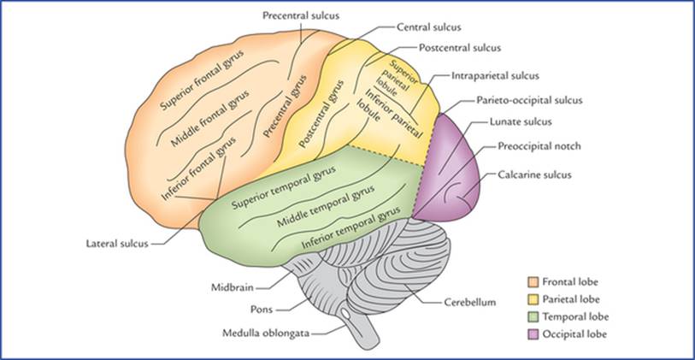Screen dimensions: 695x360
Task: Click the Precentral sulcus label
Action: tap(301, 16)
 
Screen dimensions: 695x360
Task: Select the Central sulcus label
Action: tap(428, 27)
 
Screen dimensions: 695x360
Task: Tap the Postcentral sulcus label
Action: tap(460, 47)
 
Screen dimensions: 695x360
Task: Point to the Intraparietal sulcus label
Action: tap(495, 76)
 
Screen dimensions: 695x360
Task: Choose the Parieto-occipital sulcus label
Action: tap(529, 100)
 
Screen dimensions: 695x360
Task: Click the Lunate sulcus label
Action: tap(521, 121)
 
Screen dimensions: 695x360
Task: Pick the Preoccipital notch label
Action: tap(539, 146)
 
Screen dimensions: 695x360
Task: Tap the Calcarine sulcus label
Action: tap(534, 174)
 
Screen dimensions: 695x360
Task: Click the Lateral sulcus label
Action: tap(117, 244)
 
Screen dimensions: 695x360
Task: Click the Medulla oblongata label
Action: tap(266, 333)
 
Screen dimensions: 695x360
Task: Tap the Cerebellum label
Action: tap(470, 303)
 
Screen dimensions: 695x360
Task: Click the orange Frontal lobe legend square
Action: tap(533, 282)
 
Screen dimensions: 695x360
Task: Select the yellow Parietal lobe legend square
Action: tap(533, 299)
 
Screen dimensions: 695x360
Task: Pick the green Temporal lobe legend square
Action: tap(533, 316)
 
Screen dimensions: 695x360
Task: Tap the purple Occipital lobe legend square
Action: tap(533, 333)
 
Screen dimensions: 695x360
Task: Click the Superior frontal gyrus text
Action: tap(202, 80)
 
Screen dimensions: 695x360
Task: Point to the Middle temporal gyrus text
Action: tap(326, 206)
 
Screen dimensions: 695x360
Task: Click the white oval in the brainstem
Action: tap(345, 315)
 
